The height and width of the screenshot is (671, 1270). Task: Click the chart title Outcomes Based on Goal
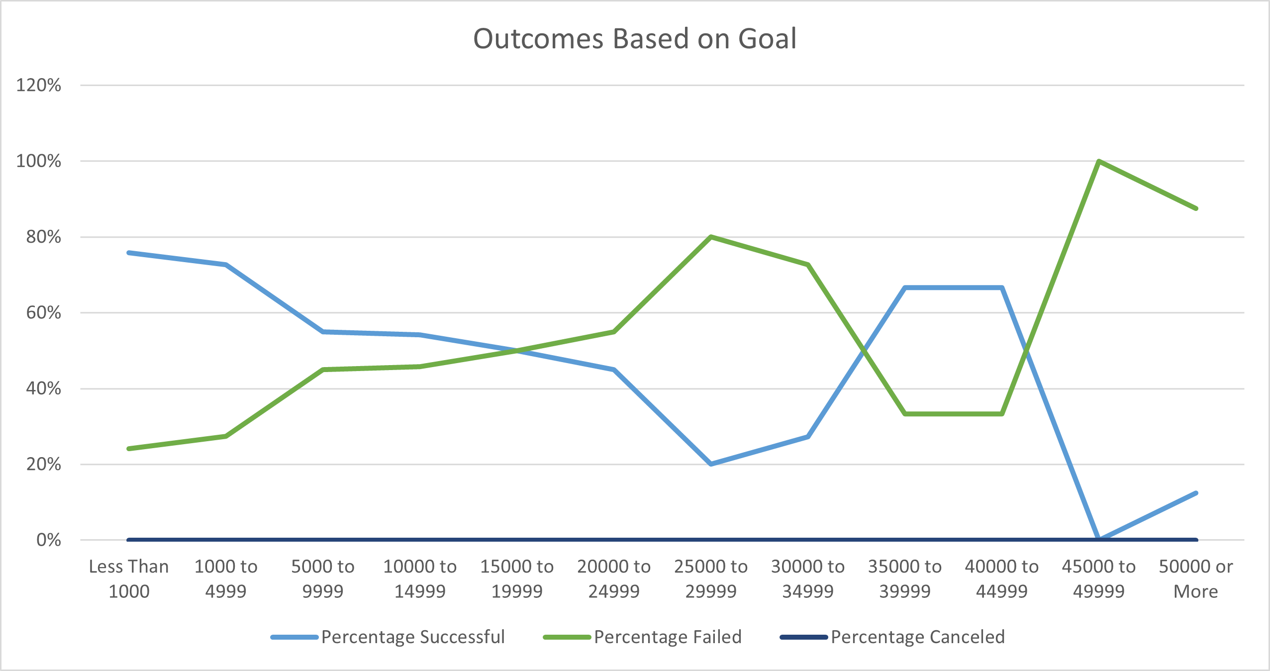click(635, 39)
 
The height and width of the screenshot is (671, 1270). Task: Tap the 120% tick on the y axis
click(39, 85)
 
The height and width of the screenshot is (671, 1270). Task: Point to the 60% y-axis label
click(44, 312)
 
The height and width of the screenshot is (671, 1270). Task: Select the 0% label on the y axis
click(49, 540)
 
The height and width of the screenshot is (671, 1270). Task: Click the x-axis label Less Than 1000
click(129, 578)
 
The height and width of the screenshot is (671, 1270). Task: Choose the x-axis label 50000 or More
click(1195, 578)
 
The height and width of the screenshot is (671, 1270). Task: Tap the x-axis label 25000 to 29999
click(710, 578)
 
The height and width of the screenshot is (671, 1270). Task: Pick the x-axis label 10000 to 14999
click(420, 578)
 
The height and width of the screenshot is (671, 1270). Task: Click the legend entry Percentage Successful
click(413, 637)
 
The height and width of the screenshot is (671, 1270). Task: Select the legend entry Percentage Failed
click(668, 637)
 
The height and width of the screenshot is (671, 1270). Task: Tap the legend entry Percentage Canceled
click(918, 637)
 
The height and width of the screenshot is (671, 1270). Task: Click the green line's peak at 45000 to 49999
click(1098, 161)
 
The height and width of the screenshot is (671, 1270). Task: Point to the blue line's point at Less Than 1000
click(129, 253)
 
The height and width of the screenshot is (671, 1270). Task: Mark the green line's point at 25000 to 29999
click(711, 237)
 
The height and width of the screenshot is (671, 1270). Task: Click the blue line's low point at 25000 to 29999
click(711, 464)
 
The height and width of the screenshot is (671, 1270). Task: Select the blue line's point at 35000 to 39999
click(905, 288)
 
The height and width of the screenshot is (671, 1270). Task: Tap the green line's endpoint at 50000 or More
click(1196, 208)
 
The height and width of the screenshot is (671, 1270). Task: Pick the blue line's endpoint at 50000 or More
click(1196, 493)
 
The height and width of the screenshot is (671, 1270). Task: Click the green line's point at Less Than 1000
click(129, 449)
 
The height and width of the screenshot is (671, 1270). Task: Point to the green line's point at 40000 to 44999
click(1001, 414)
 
